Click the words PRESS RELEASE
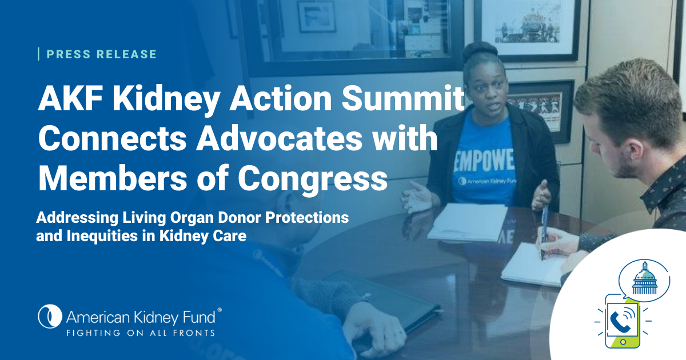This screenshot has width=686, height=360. click(101, 54)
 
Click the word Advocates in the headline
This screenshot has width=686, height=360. click(279, 138)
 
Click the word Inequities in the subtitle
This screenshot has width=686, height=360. click(102, 236)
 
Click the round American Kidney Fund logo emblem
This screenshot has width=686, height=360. click(50, 316)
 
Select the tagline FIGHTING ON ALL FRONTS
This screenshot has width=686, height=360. click(141, 333)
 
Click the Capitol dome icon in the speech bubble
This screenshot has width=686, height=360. click(644, 278)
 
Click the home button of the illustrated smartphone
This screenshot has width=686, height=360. click(623, 342)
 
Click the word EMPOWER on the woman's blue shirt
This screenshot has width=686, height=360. click(483, 161)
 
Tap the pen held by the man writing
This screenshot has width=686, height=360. click(544, 233)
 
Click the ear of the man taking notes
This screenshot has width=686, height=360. click(634, 151)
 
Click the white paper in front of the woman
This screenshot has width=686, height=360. click(469, 221)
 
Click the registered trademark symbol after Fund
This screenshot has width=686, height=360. click(220, 310)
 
